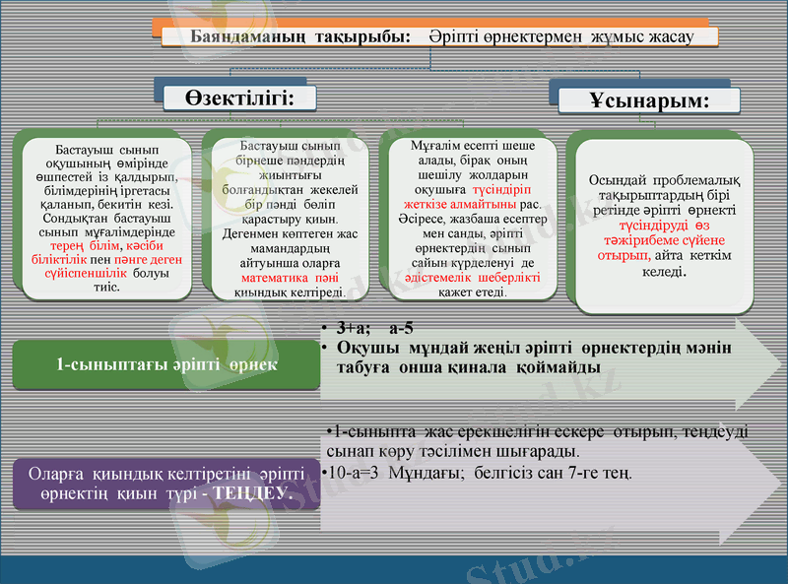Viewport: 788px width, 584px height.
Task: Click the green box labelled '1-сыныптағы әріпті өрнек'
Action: pyautogui.click(x=166, y=363)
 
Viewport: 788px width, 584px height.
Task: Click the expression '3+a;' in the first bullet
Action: pyautogui.click(x=353, y=328)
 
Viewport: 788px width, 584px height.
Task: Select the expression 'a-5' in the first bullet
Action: pyautogui.click(x=401, y=328)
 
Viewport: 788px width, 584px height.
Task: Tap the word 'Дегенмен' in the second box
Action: pyautogui.click(x=248, y=234)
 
